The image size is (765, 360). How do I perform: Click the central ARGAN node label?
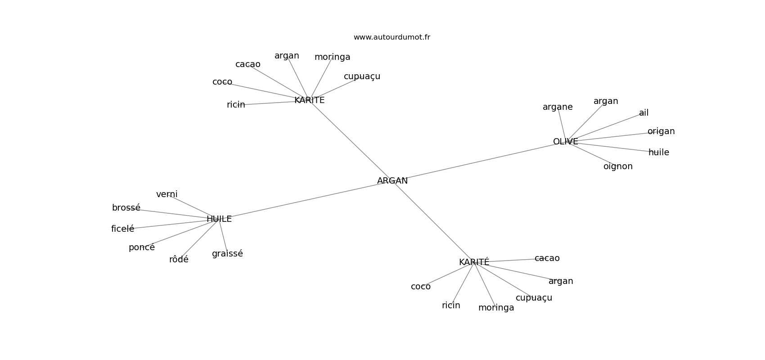(x=392, y=181)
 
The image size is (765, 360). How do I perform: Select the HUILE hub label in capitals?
(x=219, y=219)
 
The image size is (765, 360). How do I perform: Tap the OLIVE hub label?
(x=565, y=142)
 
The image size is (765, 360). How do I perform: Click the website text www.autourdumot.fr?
(x=391, y=37)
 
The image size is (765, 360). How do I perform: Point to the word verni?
(x=166, y=194)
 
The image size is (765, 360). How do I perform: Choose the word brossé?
(x=126, y=208)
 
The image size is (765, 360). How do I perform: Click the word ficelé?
(x=122, y=229)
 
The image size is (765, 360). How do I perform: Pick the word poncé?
(x=141, y=247)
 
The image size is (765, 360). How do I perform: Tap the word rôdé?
(x=179, y=260)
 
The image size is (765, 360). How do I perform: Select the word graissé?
(x=227, y=254)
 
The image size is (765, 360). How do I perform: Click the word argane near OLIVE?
(x=558, y=107)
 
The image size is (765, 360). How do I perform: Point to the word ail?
(x=643, y=113)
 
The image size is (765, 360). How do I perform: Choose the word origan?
(x=661, y=131)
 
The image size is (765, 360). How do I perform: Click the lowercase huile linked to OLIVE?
(x=658, y=153)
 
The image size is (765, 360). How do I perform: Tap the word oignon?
(x=618, y=166)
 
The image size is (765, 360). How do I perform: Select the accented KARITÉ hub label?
(x=474, y=262)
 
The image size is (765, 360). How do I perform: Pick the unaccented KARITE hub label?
(x=309, y=100)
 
